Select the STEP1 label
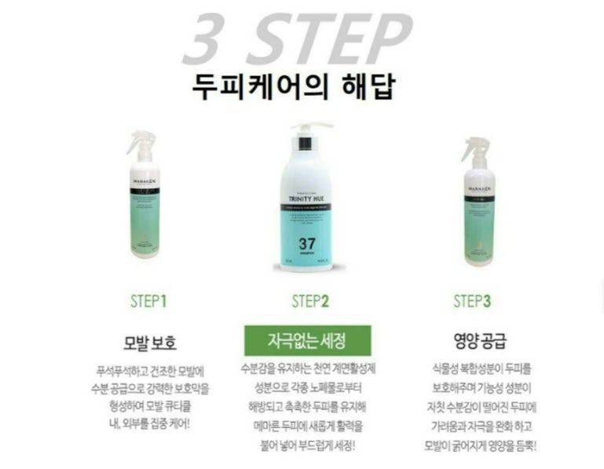[x=148, y=300]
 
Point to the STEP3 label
[x=472, y=300]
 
